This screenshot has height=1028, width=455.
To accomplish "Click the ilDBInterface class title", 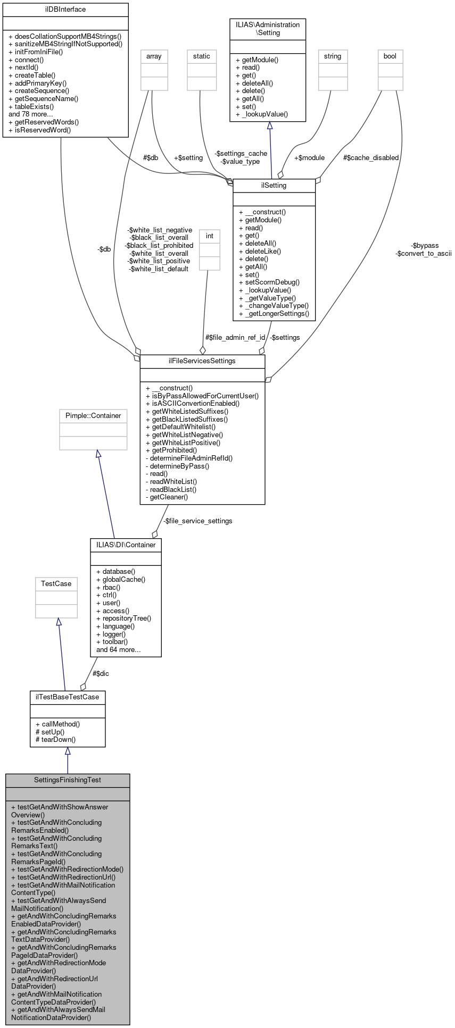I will tap(65, 10).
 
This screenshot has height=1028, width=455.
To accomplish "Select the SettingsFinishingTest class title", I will tap(68, 780).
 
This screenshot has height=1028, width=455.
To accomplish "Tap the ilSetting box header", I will tap(274, 186).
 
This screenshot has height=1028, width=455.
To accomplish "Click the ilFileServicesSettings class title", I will tap(202, 361).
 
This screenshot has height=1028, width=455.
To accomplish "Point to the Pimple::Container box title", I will tap(93, 416).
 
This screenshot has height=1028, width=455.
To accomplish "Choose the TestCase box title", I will tap(56, 584).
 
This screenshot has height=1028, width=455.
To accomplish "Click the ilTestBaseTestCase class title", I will tap(68, 697).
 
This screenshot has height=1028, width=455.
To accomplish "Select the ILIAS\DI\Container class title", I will tap(126, 545).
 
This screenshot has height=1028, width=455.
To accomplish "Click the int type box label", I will tap(210, 236).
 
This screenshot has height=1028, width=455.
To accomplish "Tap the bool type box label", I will tap(390, 56).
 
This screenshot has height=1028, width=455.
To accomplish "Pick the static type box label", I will tap(202, 56).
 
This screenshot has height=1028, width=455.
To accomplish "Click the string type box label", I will tap(333, 56).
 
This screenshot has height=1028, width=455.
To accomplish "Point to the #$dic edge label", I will tap(101, 673).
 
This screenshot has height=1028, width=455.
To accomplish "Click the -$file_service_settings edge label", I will tap(197, 521).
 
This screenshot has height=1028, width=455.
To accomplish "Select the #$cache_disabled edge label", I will tap(371, 158).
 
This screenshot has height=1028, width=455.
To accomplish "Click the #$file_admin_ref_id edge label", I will tap(235, 338).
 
